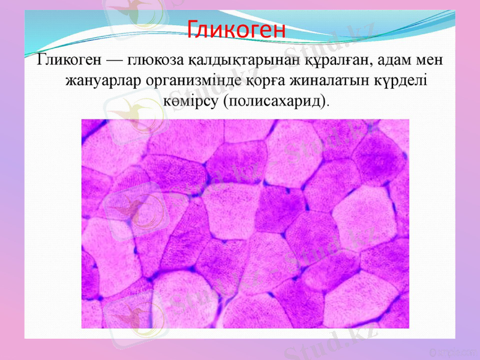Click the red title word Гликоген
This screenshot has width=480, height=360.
(236, 28)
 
